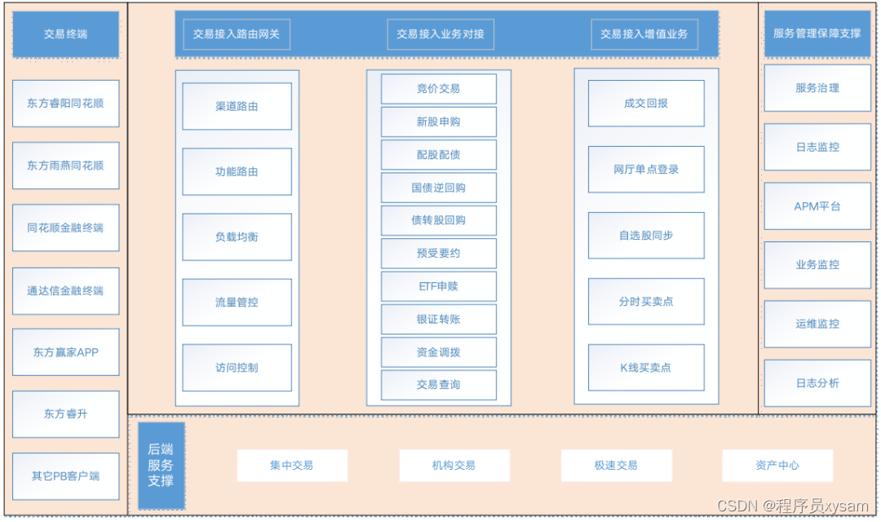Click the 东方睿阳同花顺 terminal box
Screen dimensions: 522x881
tap(65, 104)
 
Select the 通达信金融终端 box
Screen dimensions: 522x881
tap(65, 290)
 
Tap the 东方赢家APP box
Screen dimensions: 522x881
tap(65, 352)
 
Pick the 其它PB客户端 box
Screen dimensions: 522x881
tap(65, 476)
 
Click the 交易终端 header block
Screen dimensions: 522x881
tap(65, 34)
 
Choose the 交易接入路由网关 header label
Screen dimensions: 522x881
tap(237, 34)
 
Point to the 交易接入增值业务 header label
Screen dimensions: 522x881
tap(644, 34)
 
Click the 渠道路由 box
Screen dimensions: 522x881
tap(237, 106)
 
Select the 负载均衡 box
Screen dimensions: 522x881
tap(237, 237)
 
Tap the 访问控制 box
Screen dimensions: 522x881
tap(237, 368)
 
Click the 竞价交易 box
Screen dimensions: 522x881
tap(438, 89)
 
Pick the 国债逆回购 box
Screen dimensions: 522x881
tap(438, 188)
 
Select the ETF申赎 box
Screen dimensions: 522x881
tap(438, 286)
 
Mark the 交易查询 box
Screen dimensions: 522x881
tap(438, 385)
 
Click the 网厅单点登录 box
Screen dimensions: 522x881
tap(646, 170)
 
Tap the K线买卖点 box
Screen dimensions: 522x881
tap(646, 368)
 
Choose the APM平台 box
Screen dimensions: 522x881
tap(817, 206)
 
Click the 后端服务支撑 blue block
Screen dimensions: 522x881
tap(161, 465)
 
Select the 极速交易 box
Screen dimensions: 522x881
tap(616, 466)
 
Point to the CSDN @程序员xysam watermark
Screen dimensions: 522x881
tap(793, 507)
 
